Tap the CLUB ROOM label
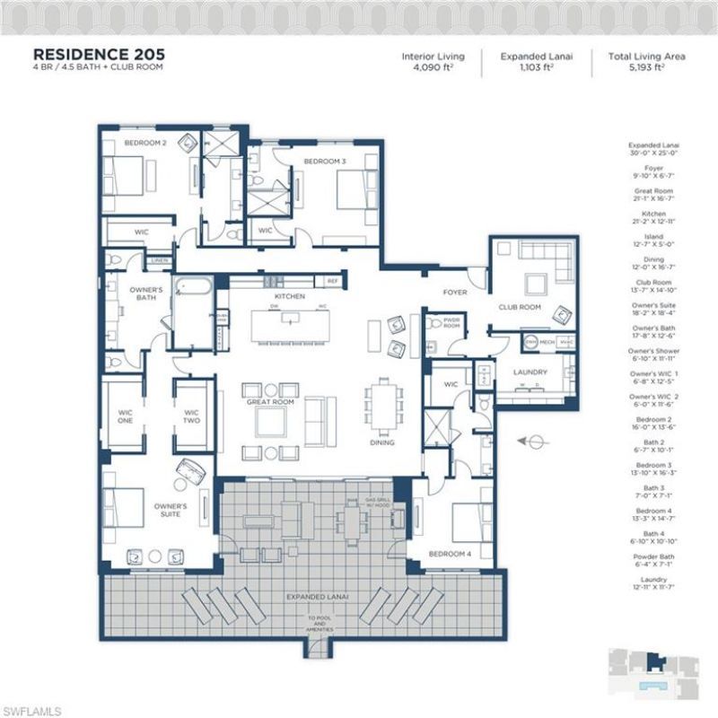pos(521,307)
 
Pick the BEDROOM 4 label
pos(449,554)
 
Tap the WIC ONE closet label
pos(126,417)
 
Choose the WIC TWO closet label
pos(190,417)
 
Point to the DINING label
pos(382,442)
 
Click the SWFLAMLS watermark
pos(32,709)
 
